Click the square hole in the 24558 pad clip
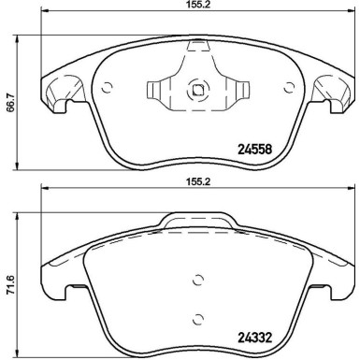[197, 91]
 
